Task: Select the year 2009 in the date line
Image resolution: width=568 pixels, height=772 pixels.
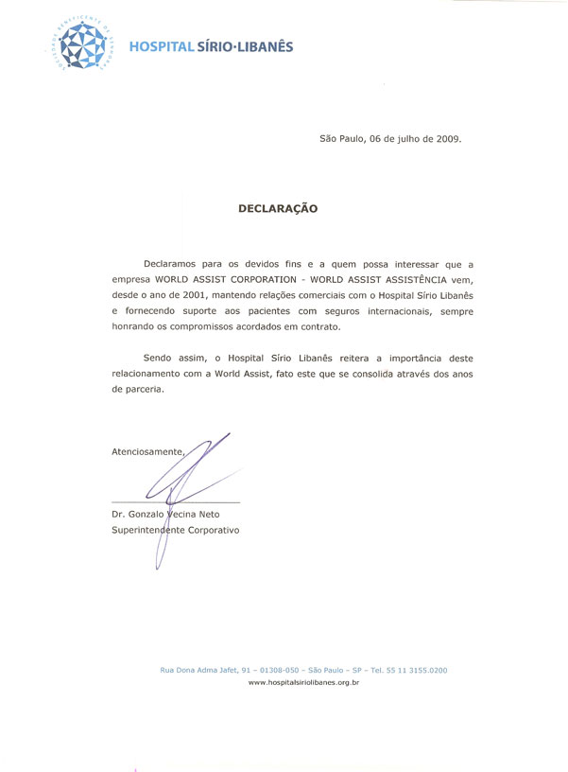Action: click(x=446, y=139)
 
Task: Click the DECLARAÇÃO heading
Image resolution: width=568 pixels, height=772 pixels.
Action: click(x=278, y=208)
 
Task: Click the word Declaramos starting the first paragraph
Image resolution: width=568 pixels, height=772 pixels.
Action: click(x=173, y=261)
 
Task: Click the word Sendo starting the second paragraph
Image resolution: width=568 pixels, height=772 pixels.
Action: click(x=159, y=360)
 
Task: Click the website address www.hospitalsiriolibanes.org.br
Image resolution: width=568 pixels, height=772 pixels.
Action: click(x=303, y=681)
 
